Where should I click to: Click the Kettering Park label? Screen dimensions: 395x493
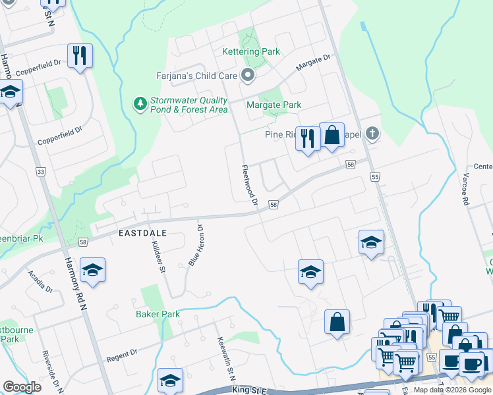coord(251,51)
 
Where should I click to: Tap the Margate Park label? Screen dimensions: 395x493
coord(274,105)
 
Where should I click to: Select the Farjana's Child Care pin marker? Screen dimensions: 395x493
coord(248,76)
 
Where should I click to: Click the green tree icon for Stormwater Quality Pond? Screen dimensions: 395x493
coord(140,104)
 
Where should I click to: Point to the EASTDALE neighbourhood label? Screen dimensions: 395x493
coord(142,233)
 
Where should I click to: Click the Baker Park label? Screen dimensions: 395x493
coord(158,314)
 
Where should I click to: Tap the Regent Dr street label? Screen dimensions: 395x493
coord(121,356)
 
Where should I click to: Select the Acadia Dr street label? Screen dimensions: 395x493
coord(40,281)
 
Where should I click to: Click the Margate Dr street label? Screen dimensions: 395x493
coord(312,63)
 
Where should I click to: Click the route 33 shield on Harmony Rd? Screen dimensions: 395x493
coord(41,172)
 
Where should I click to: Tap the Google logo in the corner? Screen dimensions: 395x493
coord(22,387)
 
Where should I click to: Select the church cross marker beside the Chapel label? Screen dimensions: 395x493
coord(372,134)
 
